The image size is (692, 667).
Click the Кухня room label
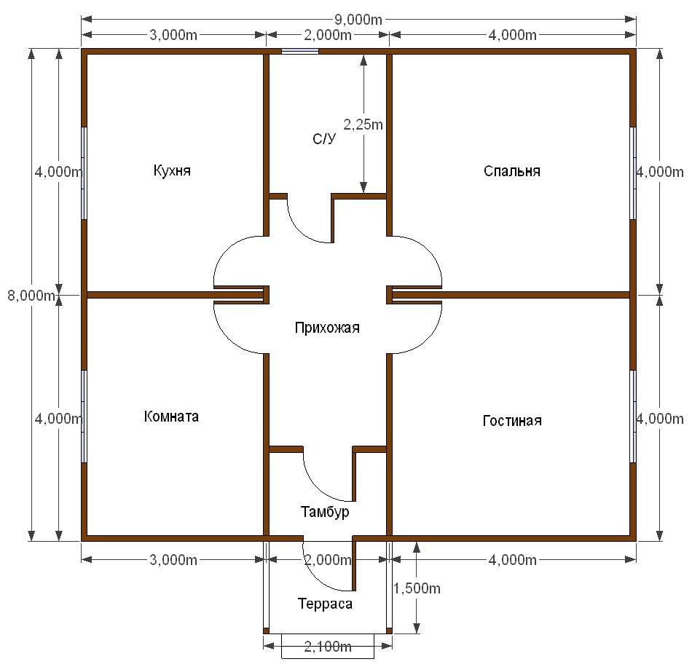(172, 170)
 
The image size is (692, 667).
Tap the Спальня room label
(512, 170)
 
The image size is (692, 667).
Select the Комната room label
(171, 416)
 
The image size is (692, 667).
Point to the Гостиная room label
(512, 420)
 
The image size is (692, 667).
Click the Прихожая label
(327, 328)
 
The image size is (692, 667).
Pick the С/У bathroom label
(324, 139)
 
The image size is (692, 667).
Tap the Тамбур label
(325, 512)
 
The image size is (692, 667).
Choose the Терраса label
(326, 604)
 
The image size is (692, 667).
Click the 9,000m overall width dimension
(358, 20)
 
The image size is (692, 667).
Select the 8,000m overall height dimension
(31, 295)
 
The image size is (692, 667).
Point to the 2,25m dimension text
(363, 125)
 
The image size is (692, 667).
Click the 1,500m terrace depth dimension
(417, 588)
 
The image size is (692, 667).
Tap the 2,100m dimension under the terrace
(328, 647)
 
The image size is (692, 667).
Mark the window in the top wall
(300, 51)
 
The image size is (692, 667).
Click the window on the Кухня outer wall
(84, 173)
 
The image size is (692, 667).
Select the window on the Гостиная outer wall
(633, 416)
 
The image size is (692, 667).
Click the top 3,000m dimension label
(173, 35)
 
